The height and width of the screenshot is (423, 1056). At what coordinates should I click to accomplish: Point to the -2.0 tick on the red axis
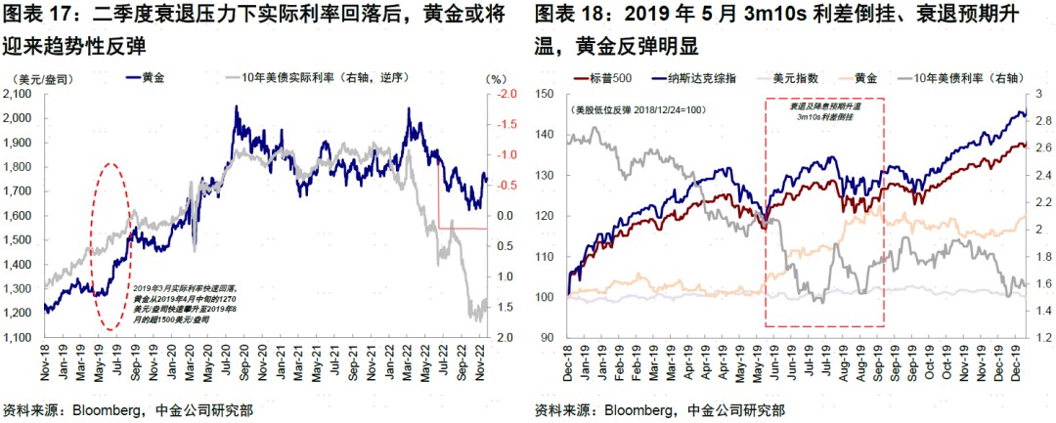(x=507, y=94)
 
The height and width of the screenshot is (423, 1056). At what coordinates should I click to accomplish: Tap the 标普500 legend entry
(x=606, y=76)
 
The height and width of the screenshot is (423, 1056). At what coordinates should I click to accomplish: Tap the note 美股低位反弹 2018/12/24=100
(x=627, y=109)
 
